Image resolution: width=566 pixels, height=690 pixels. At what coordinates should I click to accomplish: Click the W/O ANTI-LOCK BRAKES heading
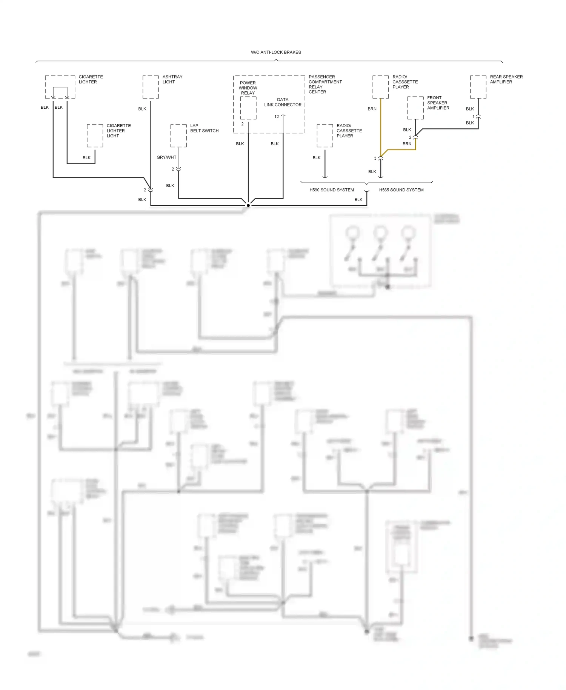point(276,52)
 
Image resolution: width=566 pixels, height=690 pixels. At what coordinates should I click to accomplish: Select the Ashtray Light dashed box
point(151,87)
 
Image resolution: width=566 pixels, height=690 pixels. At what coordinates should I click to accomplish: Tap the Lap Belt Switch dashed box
point(178,136)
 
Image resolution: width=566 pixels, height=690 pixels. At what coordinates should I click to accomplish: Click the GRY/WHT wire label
point(166,157)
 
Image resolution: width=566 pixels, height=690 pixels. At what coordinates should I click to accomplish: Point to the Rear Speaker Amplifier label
point(506,79)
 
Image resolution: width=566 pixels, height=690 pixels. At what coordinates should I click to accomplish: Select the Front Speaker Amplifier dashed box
point(415,108)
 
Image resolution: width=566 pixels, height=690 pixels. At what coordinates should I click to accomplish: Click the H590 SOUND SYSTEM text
point(332,190)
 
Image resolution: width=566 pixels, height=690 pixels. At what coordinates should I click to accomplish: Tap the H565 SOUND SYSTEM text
point(401,190)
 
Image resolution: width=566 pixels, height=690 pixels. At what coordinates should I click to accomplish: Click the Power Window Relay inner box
point(248,108)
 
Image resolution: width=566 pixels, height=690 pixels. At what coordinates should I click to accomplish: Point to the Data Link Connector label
point(283,102)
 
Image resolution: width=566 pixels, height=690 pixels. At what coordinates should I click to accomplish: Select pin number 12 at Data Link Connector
point(277,117)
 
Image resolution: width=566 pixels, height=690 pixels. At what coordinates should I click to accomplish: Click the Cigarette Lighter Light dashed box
point(95,136)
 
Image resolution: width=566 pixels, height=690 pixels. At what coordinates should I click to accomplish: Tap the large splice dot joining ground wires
point(248,205)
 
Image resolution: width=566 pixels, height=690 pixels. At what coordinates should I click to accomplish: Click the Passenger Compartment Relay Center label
point(325,84)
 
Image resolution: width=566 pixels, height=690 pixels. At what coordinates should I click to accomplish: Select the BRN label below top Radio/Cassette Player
point(372,109)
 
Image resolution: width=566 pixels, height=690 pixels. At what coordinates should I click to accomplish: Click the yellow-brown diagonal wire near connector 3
point(384,153)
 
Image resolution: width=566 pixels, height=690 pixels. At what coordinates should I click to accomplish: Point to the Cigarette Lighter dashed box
point(60,87)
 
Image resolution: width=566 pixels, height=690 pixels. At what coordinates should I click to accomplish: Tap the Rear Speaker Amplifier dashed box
point(478,87)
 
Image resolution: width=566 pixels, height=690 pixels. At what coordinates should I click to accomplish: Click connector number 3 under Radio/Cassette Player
point(375,159)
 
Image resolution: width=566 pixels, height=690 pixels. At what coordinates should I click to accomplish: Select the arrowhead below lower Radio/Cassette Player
point(325,176)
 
